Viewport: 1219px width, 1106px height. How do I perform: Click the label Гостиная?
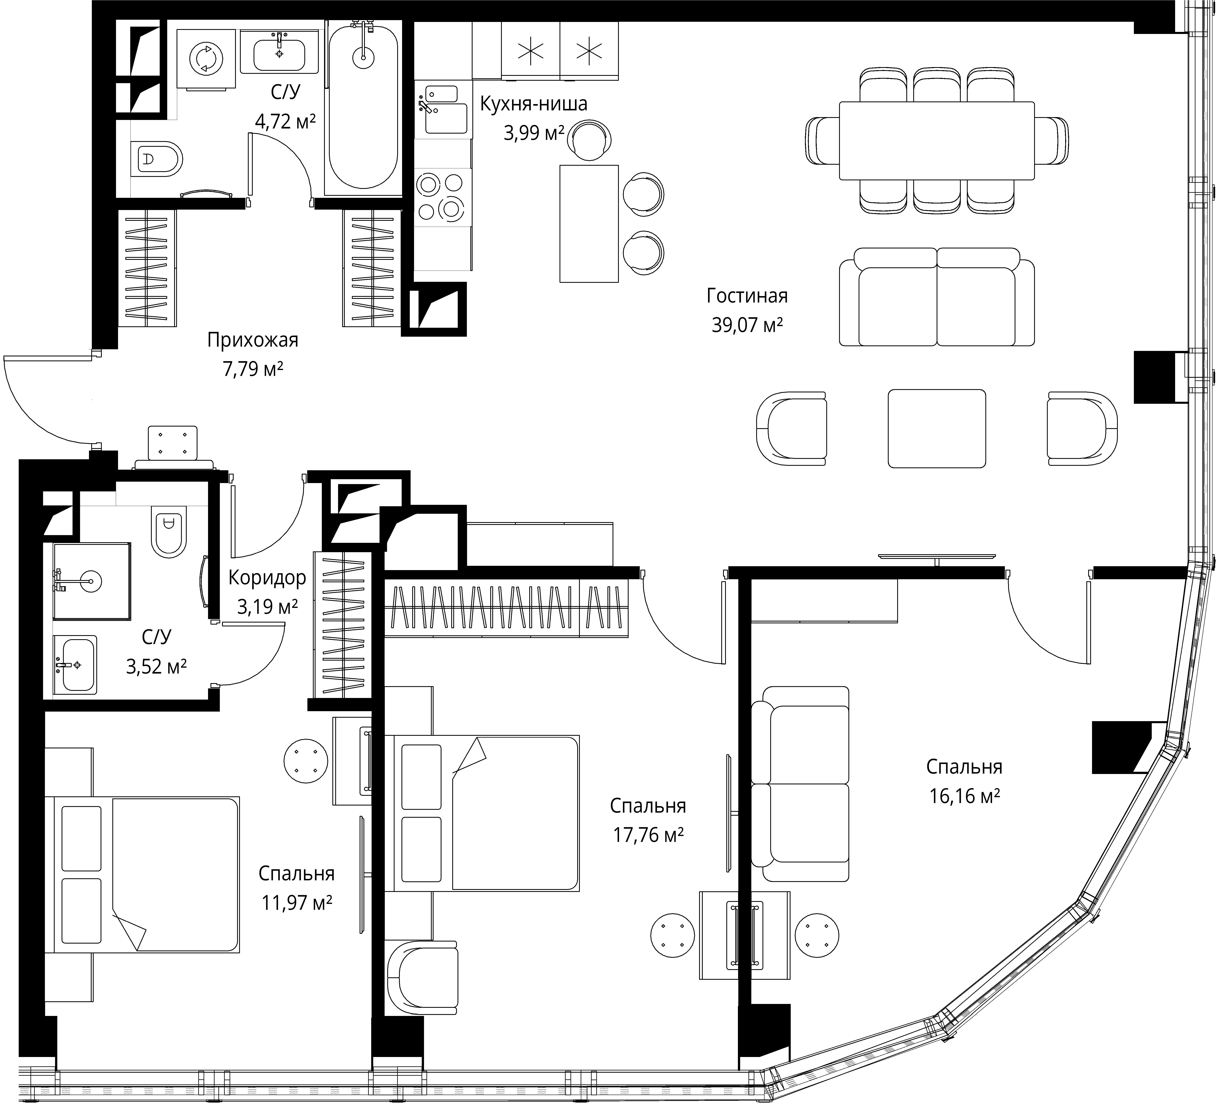coord(747,296)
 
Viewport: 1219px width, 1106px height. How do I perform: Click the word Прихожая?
coord(253,340)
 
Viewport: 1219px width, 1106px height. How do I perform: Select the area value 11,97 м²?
coord(297,903)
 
